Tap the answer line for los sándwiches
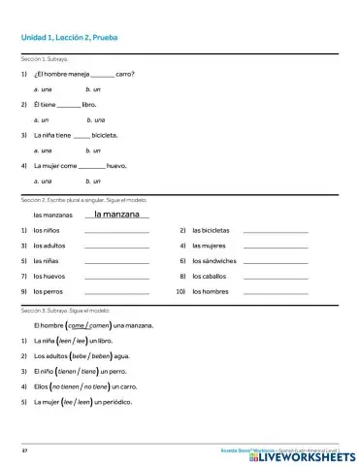(x=275, y=262)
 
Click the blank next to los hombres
(x=275, y=292)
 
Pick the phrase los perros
(x=49, y=292)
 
